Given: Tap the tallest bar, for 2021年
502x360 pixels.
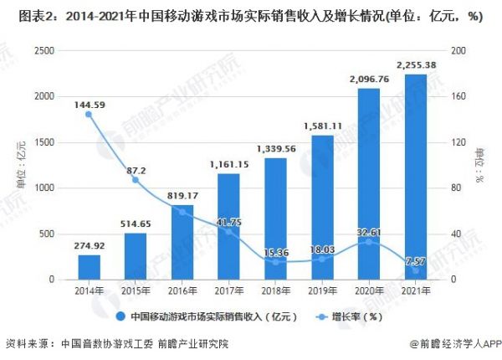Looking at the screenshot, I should click(x=415, y=177).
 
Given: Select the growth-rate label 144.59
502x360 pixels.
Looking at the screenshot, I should click(x=89, y=105).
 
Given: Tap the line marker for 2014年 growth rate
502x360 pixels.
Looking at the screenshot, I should click(x=89, y=115).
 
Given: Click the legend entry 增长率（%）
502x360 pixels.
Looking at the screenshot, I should click(x=351, y=316).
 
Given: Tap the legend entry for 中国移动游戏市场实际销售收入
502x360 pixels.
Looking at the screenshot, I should click(x=201, y=316).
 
